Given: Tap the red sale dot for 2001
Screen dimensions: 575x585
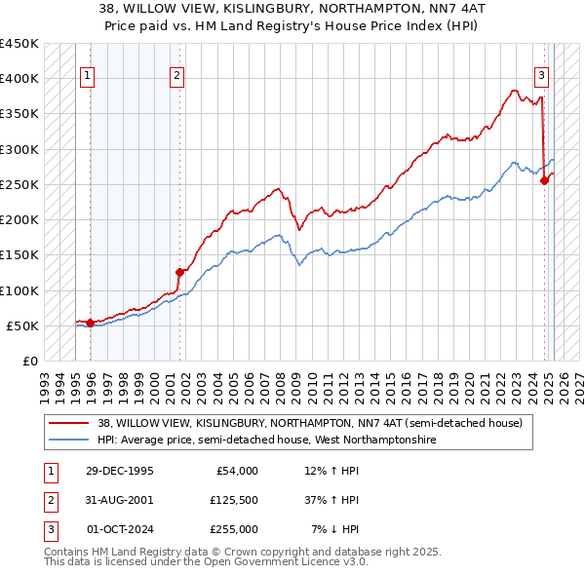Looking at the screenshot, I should point(180,273).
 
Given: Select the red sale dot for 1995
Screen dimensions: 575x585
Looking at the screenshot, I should point(90,323).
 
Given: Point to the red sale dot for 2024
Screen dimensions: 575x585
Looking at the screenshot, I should point(545,180).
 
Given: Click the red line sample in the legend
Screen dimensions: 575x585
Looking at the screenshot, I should point(69,423).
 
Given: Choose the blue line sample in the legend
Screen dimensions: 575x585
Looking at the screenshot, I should point(69,440).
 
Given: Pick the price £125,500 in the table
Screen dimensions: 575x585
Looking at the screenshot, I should point(234,500).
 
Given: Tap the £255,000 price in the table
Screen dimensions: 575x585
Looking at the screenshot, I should point(234,529).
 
